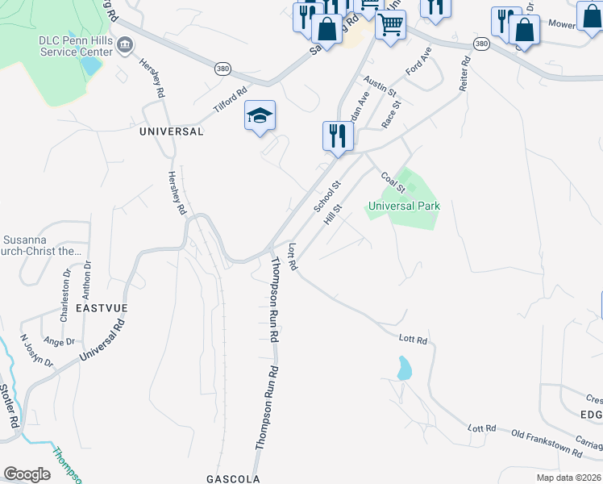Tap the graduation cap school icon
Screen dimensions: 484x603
(x=260, y=117)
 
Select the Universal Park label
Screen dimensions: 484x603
(x=404, y=206)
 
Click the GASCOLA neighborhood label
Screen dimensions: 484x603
(x=232, y=478)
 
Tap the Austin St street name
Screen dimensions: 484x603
(x=376, y=86)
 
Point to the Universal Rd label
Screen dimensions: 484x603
(x=102, y=340)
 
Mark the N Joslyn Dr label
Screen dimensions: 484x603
(x=35, y=351)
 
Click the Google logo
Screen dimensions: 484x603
(x=27, y=474)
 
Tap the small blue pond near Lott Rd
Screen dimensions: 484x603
(x=404, y=368)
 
